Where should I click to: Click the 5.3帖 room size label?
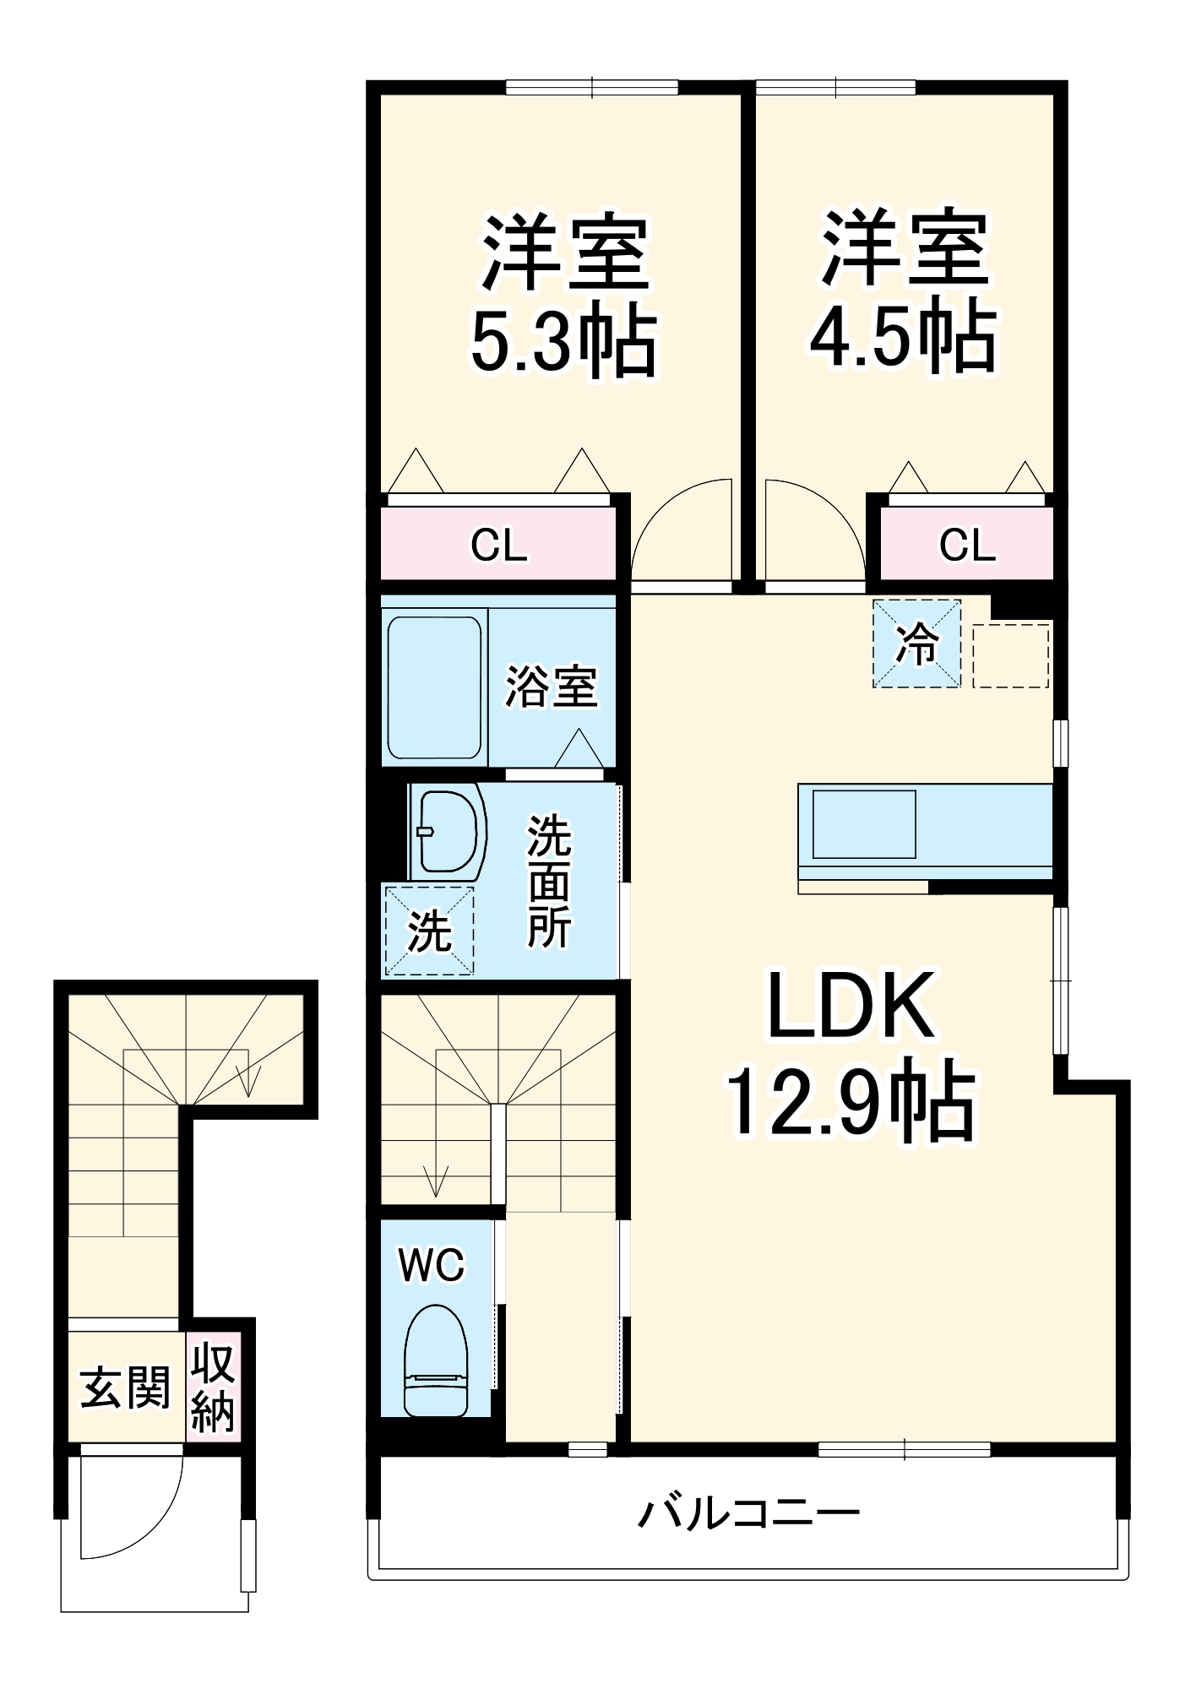[x=563, y=342]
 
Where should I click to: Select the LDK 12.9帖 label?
[x=851, y=1056]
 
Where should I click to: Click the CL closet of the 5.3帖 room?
[x=498, y=545]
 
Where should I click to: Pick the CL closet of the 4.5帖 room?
[x=967, y=545]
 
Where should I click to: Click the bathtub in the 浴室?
[x=435, y=687]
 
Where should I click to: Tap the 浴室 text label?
[x=552, y=686]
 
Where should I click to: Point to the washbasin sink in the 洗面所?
[x=448, y=832]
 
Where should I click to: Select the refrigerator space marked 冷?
[x=916, y=644]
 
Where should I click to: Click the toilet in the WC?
[x=436, y=1360]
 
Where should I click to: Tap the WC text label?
[x=432, y=1265]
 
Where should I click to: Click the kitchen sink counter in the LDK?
[x=864, y=823]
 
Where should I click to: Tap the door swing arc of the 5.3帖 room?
[x=676, y=528]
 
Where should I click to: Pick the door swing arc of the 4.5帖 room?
[x=815, y=528]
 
